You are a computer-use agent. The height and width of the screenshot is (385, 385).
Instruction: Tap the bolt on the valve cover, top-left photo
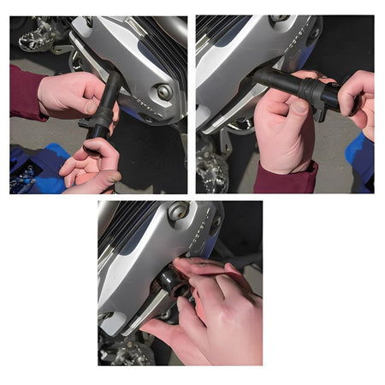163,92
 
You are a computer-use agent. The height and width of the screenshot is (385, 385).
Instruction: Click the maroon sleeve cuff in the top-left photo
26,92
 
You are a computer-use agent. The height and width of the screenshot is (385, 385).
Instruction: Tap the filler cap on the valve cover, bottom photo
179,210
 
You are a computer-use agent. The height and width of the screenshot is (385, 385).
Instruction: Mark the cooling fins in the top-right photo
224,30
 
